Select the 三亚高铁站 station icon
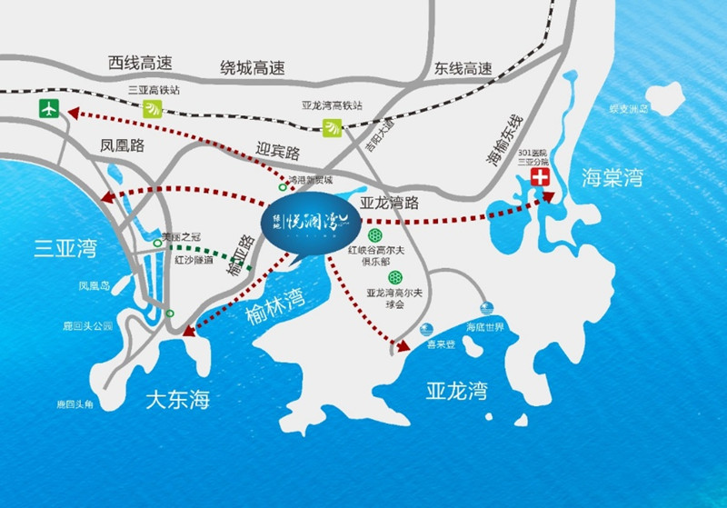click(x=152, y=109)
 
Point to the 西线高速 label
click(x=139, y=64)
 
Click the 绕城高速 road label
click(x=253, y=67)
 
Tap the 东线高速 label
click(x=463, y=68)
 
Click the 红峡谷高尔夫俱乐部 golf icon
click(x=373, y=234)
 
